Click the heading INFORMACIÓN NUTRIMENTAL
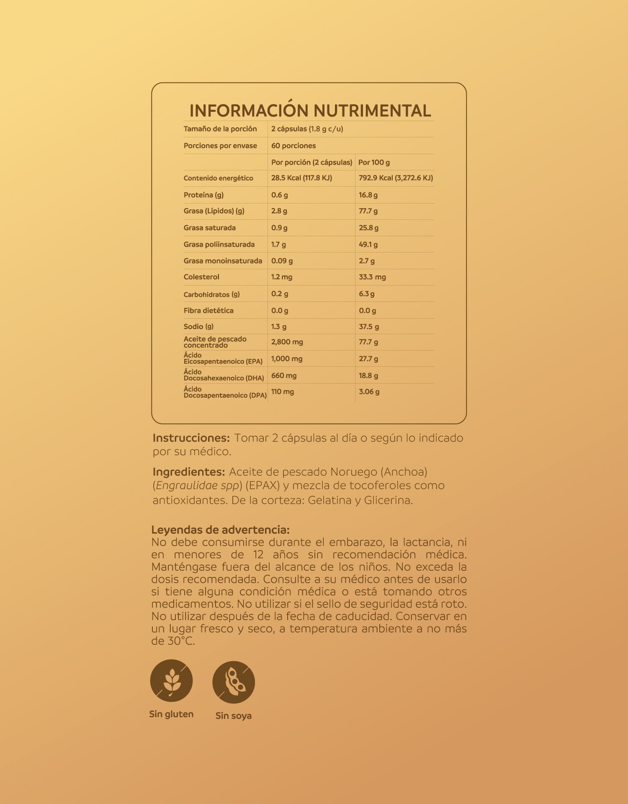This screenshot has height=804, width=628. (x=310, y=111)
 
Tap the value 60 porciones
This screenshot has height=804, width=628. (x=293, y=146)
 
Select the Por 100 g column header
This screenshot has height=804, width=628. (x=374, y=162)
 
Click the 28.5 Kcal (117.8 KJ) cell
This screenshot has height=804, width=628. (x=301, y=178)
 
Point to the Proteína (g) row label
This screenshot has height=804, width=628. (x=203, y=195)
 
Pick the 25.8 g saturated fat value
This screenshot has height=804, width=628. (x=368, y=228)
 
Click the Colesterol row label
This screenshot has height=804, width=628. (x=201, y=277)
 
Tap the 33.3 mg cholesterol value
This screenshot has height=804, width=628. (x=372, y=277)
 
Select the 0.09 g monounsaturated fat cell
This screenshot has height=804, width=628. (x=282, y=261)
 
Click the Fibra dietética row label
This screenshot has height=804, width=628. (x=208, y=311)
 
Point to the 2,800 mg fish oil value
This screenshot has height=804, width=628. (x=287, y=342)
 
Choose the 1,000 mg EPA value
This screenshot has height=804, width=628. (x=287, y=359)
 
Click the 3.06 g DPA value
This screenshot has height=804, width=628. (x=369, y=392)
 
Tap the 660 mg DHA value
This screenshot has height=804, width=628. (x=284, y=376)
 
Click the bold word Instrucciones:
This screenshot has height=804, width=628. (x=191, y=438)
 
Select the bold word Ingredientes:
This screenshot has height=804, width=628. (x=189, y=472)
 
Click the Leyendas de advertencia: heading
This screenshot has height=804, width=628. (x=220, y=530)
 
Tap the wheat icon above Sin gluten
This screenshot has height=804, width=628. (x=171, y=680)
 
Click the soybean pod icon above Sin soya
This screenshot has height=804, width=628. (x=234, y=682)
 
